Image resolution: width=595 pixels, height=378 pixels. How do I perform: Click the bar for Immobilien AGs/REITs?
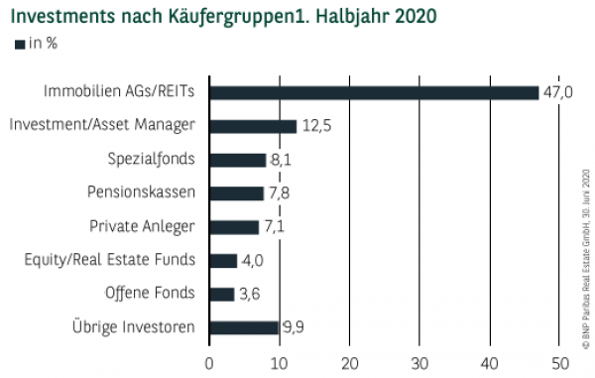tap(374, 92)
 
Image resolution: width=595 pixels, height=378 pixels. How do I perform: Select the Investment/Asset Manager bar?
tap(253, 126)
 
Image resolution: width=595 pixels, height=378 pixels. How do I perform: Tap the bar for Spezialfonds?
tap(238, 160)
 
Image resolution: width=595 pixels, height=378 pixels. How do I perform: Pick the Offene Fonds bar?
tap(222, 294)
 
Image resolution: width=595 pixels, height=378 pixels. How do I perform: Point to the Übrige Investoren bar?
tap(244, 327)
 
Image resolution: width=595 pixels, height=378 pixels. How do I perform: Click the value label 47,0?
tap(558, 92)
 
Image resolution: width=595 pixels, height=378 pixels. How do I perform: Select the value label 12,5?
tap(316, 126)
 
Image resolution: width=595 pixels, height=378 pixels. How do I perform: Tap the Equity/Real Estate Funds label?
tap(110, 261)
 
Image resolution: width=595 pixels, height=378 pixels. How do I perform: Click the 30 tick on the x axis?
tap(419, 362)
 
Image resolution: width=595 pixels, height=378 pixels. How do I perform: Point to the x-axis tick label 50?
tap(559, 362)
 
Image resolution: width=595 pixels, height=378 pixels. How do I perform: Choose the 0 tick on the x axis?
tap(209, 362)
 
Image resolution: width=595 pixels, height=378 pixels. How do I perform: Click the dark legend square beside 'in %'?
tap(19, 44)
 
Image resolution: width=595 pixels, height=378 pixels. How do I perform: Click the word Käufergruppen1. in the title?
tap(239, 17)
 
